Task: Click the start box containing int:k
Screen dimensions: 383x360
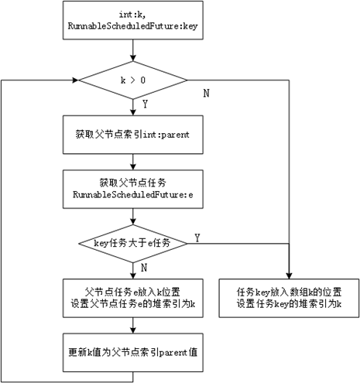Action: (135, 21)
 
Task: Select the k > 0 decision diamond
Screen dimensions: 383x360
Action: (135, 80)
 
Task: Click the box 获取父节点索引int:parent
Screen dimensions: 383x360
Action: (135, 134)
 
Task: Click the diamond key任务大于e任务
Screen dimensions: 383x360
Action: (135, 242)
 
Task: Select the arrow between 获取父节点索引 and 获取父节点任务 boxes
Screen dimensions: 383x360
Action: (135, 160)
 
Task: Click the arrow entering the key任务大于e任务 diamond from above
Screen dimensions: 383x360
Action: (135, 214)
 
